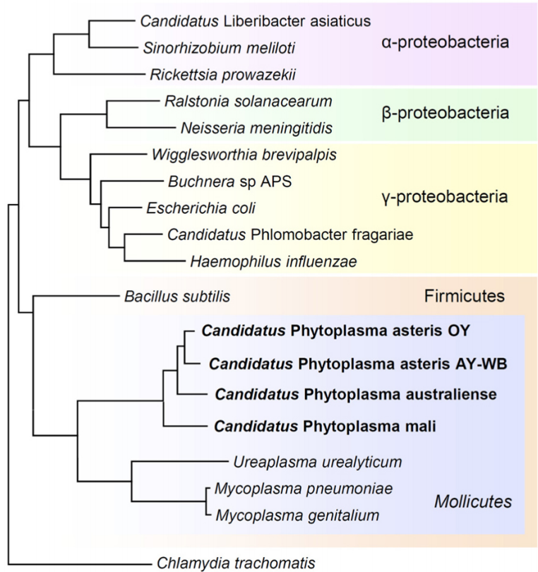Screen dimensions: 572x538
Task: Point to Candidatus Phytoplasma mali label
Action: [x=325, y=426]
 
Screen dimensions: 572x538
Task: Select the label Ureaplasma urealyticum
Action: [x=317, y=462]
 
